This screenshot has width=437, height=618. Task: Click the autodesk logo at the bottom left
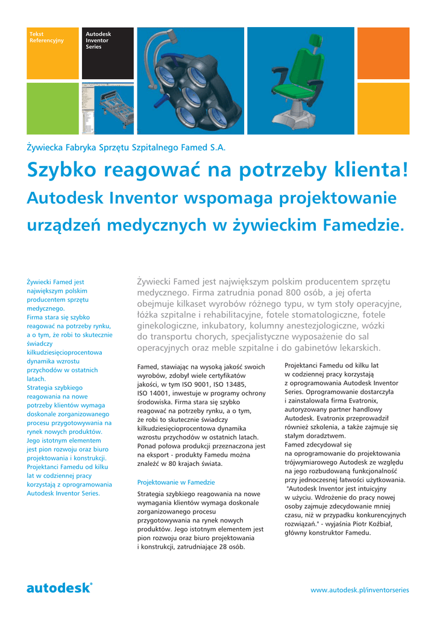[60, 588]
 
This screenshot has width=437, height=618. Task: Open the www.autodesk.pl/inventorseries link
[359, 590]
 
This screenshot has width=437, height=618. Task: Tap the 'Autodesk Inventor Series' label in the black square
[98, 40]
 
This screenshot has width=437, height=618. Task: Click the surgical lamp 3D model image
[190, 81]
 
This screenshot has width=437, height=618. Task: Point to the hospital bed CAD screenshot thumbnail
[107, 108]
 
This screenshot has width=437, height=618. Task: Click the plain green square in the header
[52, 108]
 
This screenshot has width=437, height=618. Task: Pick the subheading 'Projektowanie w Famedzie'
[176, 482]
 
